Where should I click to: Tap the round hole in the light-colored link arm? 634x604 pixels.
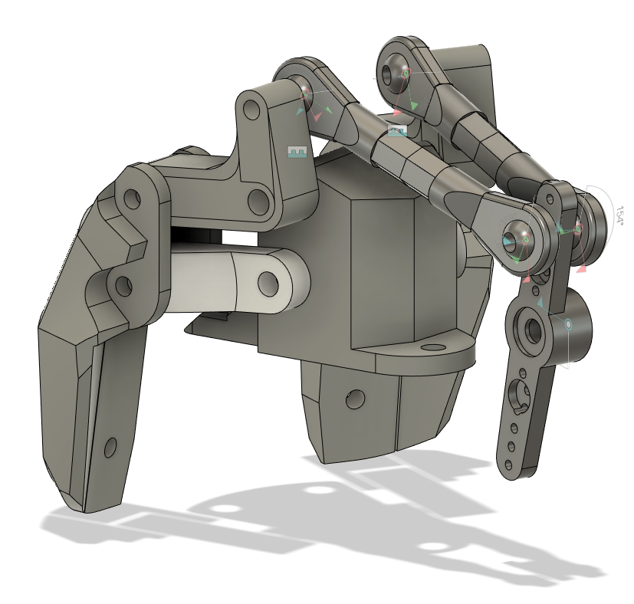(268, 283)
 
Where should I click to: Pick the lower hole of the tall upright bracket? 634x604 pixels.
(258, 202)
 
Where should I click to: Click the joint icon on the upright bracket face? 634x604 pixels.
(297, 152)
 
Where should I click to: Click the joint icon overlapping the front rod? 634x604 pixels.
(396, 132)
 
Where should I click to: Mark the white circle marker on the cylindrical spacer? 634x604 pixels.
(569, 325)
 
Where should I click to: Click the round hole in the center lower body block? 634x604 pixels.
(354, 399)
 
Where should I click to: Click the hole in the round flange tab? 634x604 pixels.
(434, 346)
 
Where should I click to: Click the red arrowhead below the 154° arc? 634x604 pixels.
(582, 268)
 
